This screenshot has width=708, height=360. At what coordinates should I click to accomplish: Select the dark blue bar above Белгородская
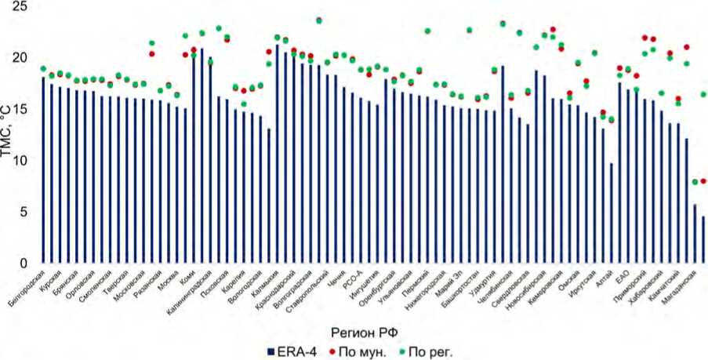(43, 169)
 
